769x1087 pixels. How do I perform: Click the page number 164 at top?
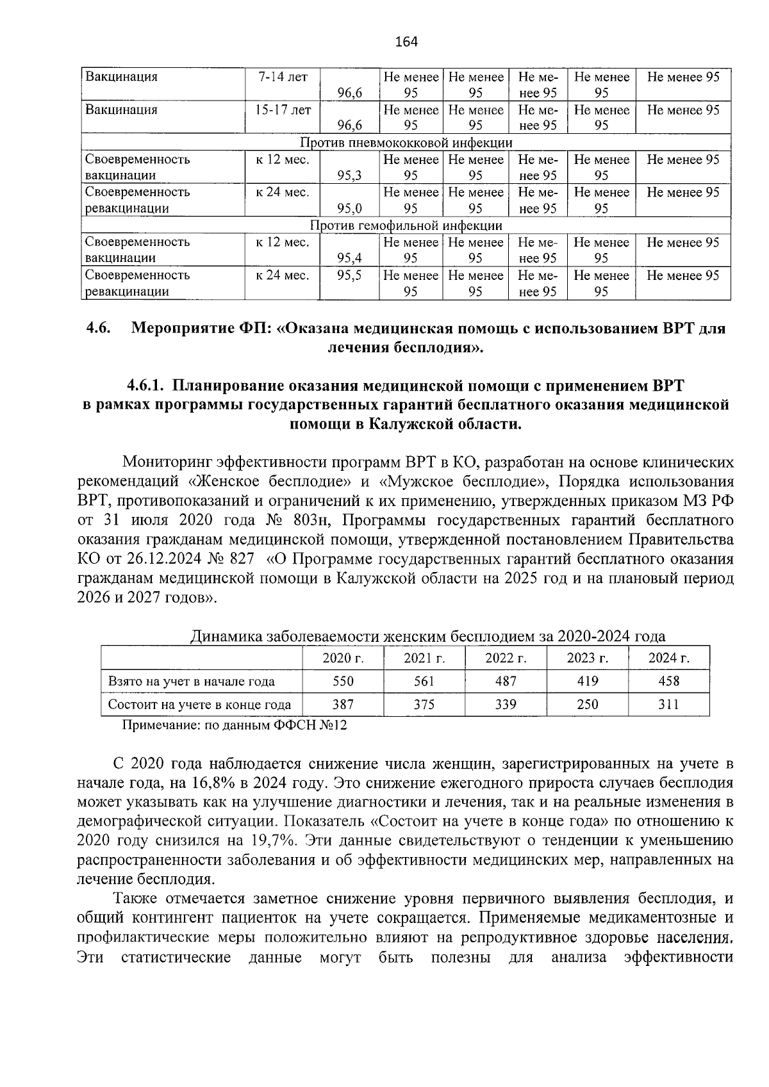pos(406,42)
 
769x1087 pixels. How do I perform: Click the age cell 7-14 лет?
pos(283,78)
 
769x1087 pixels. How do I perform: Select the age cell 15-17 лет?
pos(283,110)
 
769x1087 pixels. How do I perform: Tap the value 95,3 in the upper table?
pos(350,176)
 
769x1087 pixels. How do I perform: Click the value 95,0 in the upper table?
pos(350,208)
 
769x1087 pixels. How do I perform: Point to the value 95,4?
pos(350,258)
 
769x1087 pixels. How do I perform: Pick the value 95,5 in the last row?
pos(350,275)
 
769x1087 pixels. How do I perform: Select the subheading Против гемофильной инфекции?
pos(406,225)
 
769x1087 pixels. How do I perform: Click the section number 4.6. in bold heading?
pos(99,329)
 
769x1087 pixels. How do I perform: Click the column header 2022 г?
pos(506,658)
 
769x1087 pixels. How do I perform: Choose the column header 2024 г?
pos(669,658)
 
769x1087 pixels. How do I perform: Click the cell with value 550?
pos(343,682)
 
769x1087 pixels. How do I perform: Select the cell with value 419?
pos(587,682)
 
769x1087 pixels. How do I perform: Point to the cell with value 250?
pos(587,705)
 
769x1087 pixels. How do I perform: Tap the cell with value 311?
pos(669,705)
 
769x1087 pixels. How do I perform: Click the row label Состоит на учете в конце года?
pos(199,705)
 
